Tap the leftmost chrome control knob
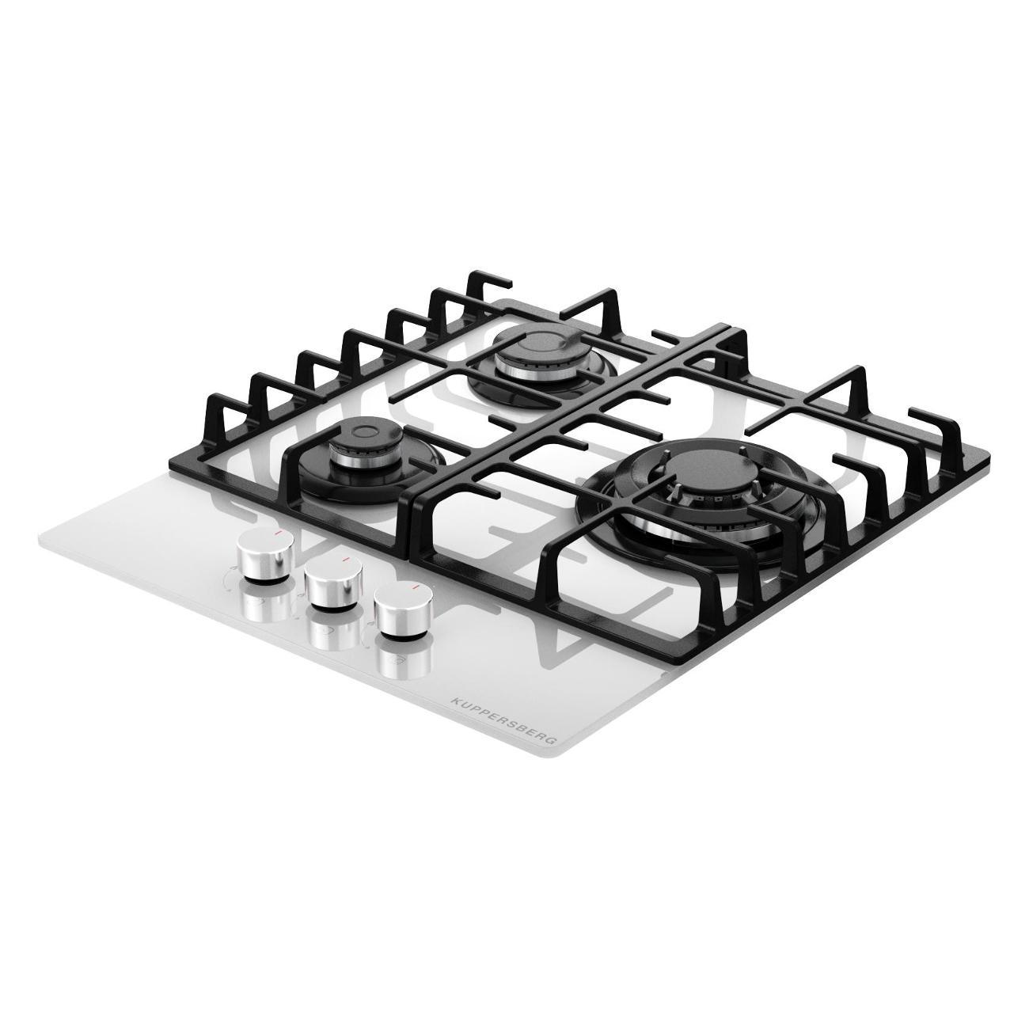[x=265, y=555]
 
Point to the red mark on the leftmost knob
[x=276, y=534]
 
